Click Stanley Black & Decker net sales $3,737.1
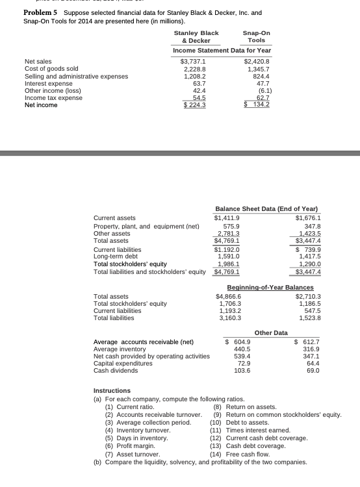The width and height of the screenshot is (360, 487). click(192, 62)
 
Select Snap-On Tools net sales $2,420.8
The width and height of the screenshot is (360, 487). click(257, 62)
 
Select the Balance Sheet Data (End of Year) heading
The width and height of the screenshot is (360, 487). click(266, 209)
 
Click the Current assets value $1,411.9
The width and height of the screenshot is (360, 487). click(227, 218)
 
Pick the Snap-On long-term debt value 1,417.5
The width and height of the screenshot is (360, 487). click(305, 256)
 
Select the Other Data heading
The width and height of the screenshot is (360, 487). click(271, 332)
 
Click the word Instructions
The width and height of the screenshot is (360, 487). click(112, 390)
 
